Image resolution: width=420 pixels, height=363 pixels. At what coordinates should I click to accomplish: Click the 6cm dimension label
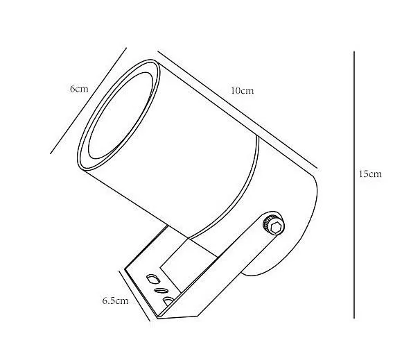click(x=79, y=89)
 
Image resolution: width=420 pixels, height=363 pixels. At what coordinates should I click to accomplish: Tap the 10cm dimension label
click(x=241, y=91)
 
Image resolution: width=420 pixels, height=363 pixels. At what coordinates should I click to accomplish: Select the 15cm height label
click(x=370, y=174)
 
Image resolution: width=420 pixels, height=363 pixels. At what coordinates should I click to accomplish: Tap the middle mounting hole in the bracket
click(x=161, y=290)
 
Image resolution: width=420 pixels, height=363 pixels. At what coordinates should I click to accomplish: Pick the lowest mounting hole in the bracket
click(x=168, y=301)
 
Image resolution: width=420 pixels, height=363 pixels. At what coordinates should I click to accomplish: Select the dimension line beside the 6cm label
click(x=89, y=101)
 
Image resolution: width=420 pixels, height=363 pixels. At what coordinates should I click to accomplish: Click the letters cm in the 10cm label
click(x=247, y=91)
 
